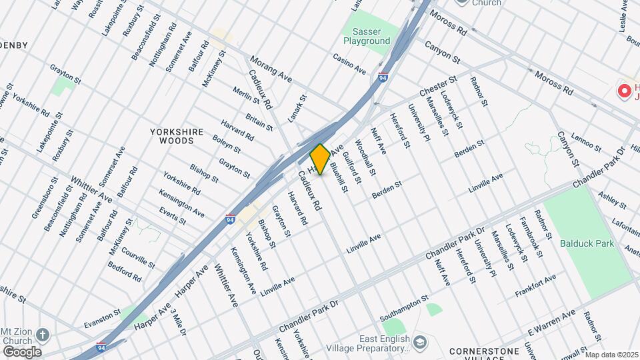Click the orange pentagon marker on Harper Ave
pyautogui.click(x=320, y=159)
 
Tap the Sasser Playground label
pyautogui.click(x=367, y=36)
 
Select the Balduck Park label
pyautogui.click(x=587, y=244)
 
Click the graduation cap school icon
pyautogui.click(x=419, y=343)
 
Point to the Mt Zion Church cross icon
pyautogui.click(x=43, y=334)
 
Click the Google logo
pyautogui.click(x=21, y=351)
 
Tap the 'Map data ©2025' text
pyautogui.click(x=611, y=355)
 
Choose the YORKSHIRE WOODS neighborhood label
pyautogui.click(x=176, y=137)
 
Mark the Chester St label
pyautogui.click(x=438, y=87)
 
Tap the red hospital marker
pyautogui.click(x=625, y=91)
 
